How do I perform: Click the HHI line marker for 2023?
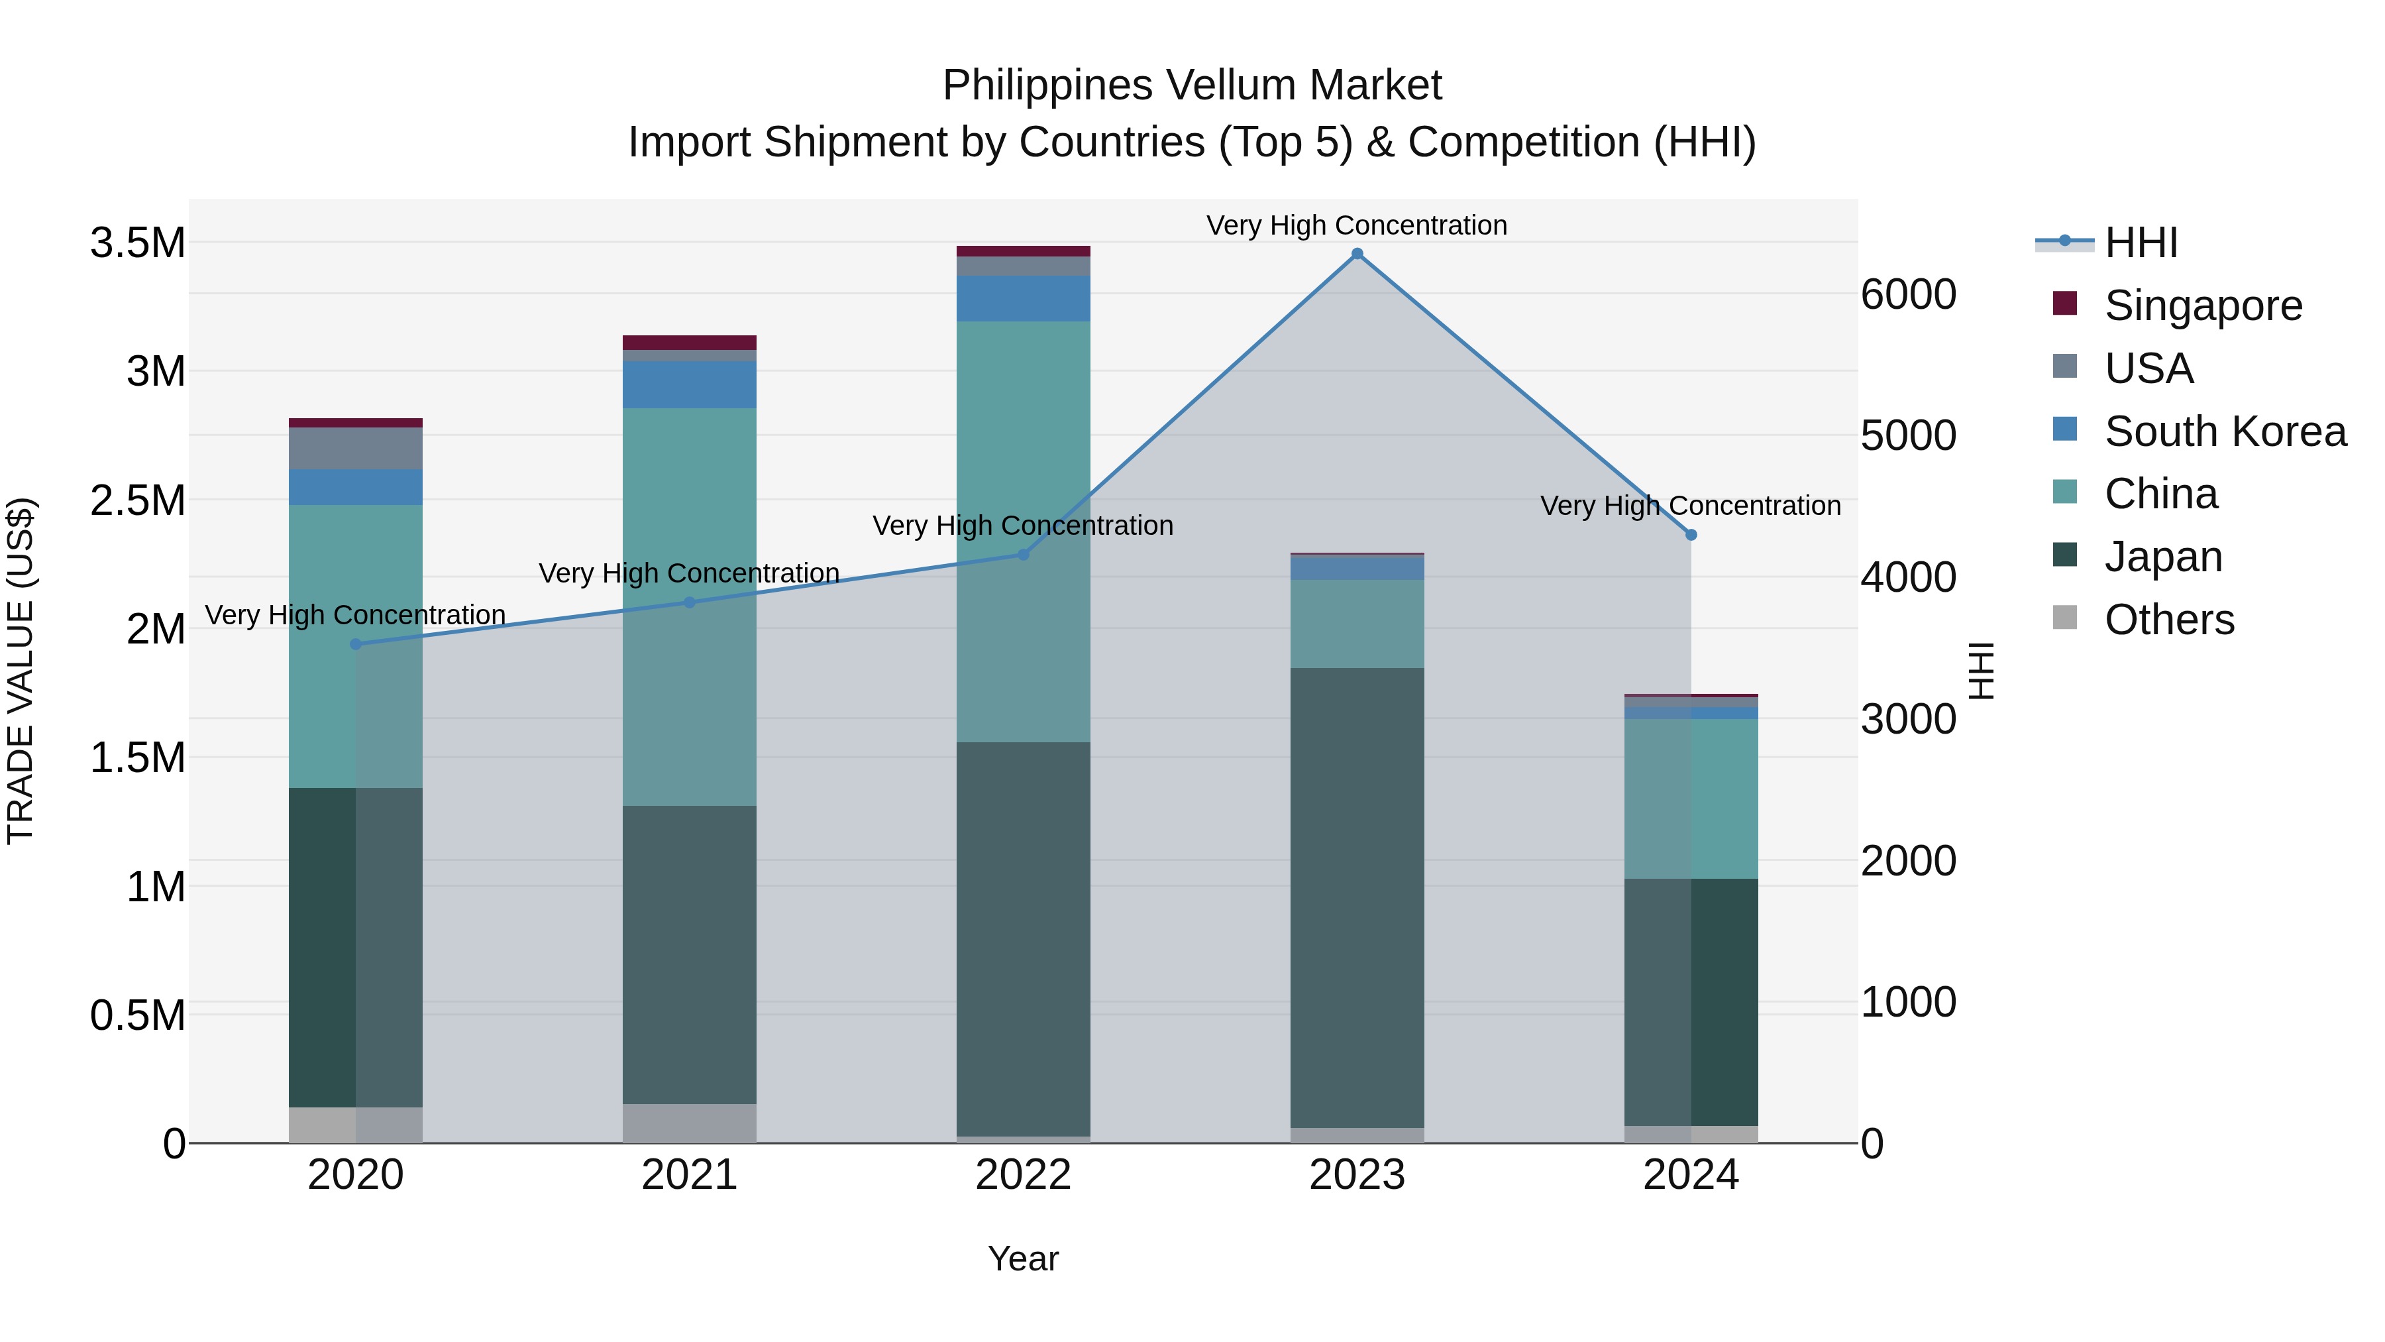click(x=1357, y=254)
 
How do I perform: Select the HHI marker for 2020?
click(x=356, y=643)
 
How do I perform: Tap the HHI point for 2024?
click(x=1691, y=534)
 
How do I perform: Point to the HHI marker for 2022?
click(x=1023, y=555)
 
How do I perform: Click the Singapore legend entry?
click(x=2203, y=306)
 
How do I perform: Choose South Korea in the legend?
click(x=2225, y=431)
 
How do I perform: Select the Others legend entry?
click(x=2168, y=620)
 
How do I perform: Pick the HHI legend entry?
click(x=2141, y=243)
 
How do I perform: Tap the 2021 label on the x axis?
click(x=689, y=1175)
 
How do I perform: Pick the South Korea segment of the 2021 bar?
click(x=689, y=384)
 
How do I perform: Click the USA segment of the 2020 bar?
click(x=356, y=448)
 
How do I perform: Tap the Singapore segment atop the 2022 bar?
click(x=1023, y=251)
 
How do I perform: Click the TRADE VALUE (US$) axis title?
click(x=21, y=671)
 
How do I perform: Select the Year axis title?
click(x=1023, y=1258)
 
